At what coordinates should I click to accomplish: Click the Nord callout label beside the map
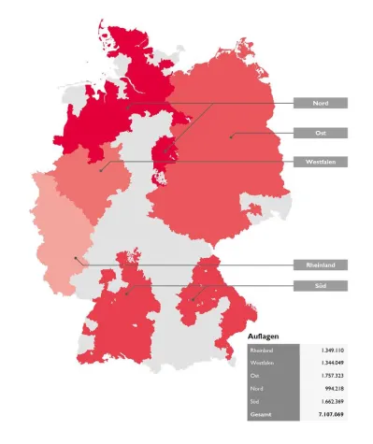[x=320, y=103]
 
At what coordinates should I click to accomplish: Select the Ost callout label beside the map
[x=320, y=133]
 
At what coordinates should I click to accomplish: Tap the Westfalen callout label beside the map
[x=320, y=162]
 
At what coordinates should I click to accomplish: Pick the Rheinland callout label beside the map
[x=320, y=265]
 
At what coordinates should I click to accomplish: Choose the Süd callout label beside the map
[x=320, y=284]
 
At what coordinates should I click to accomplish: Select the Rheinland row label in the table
[x=262, y=350]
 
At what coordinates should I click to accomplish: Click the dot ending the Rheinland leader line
[x=74, y=259]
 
